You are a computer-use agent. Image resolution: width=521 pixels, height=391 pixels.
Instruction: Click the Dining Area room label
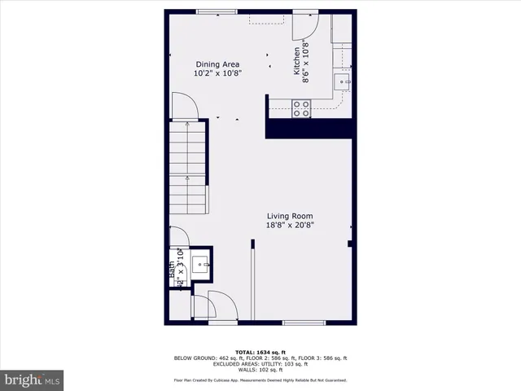(217, 64)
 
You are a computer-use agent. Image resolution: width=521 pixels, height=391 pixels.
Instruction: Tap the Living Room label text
(291, 217)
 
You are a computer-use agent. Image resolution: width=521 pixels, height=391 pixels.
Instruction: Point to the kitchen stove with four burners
(301, 108)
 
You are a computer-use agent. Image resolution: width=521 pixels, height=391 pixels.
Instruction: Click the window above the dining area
(217, 11)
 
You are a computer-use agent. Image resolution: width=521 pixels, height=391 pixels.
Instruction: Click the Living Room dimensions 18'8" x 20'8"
(291, 226)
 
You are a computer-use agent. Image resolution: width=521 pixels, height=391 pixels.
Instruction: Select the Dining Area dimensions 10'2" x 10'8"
(217, 72)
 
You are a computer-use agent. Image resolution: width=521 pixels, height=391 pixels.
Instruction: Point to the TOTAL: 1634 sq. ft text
(260, 351)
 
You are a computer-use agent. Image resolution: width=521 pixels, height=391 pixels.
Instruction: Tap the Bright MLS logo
(33, 380)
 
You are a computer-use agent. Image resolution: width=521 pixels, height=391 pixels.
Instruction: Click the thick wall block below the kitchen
(310, 127)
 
